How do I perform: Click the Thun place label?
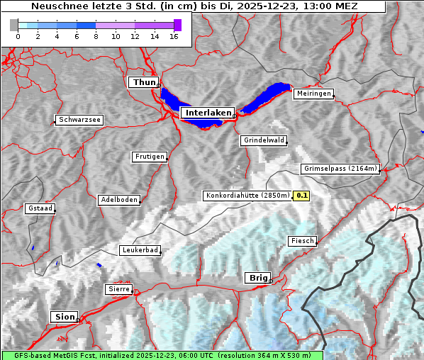(x=144, y=83)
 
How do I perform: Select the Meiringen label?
(x=313, y=94)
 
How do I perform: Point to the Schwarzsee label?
(x=79, y=120)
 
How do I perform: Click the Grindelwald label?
(x=264, y=140)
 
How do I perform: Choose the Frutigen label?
(x=149, y=157)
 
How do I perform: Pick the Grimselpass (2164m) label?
(x=340, y=169)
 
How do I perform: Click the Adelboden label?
(x=118, y=200)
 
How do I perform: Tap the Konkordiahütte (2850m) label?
(x=247, y=195)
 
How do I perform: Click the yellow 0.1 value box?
(x=302, y=195)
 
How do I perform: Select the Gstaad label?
(x=40, y=208)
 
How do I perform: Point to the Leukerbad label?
(x=140, y=250)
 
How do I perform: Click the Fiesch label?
(x=301, y=241)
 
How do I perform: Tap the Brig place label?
(x=257, y=278)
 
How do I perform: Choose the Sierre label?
(x=118, y=289)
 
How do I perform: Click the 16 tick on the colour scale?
(x=174, y=36)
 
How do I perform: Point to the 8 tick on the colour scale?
(x=96, y=36)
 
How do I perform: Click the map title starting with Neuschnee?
(x=194, y=6)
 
